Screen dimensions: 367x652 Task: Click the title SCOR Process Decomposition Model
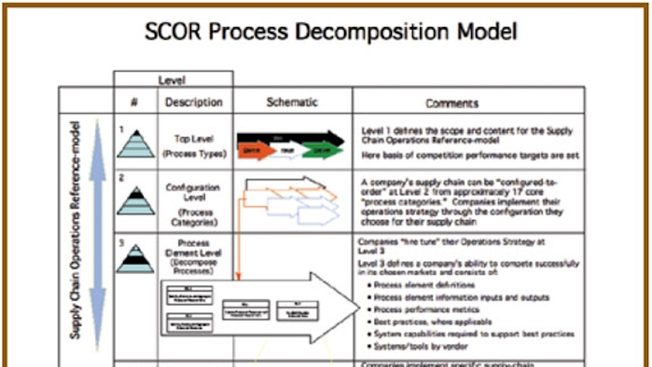(331, 31)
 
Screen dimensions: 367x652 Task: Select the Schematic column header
(292, 102)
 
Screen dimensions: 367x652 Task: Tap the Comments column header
(452, 103)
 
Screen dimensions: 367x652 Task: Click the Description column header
(194, 102)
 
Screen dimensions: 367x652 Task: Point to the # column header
(134, 102)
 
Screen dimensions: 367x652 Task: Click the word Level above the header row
(172, 80)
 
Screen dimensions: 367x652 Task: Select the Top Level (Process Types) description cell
(194, 146)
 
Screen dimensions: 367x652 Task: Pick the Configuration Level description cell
(193, 204)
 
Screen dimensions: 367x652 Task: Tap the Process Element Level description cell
(193, 257)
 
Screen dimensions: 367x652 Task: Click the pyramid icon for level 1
(136, 145)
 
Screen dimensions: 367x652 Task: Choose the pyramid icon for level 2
(136, 201)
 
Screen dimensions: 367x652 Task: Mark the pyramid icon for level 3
(135, 259)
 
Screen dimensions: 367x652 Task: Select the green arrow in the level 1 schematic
(322, 150)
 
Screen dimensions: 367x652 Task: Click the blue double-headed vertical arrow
(98, 233)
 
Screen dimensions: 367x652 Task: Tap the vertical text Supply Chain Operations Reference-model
(75, 230)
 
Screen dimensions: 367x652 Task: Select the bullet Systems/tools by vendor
(421, 346)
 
